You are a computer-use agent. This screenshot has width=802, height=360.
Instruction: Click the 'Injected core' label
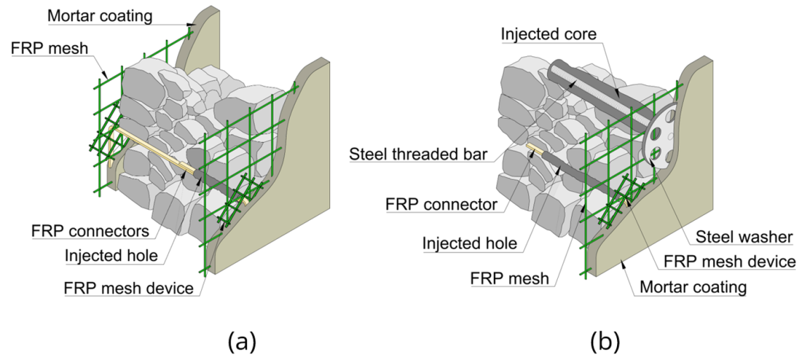pyautogui.click(x=548, y=33)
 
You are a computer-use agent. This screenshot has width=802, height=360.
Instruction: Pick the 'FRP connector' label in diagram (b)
pyautogui.click(x=442, y=205)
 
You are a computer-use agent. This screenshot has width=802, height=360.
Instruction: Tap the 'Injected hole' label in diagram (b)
pyautogui.click(x=469, y=243)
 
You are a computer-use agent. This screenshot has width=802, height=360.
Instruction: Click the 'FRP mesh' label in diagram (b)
pyautogui.click(x=509, y=278)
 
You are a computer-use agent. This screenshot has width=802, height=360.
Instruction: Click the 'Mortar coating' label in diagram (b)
pyautogui.click(x=693, y=288)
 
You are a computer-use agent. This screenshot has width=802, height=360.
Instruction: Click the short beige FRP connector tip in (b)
pyautogui.click(x=533, y=148)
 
